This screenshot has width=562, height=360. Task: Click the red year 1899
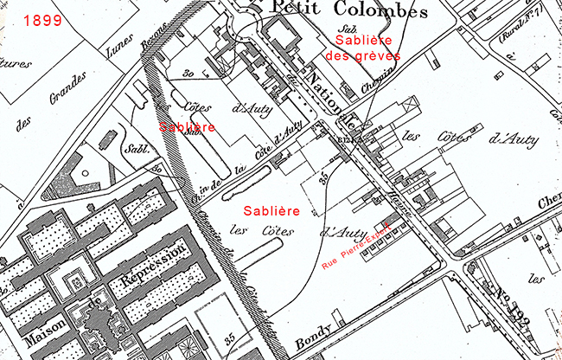click(x=42, y=19)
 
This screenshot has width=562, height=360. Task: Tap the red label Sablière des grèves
click(x=358, y=48)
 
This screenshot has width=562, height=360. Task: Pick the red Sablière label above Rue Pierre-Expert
click(x=271, y=210)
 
